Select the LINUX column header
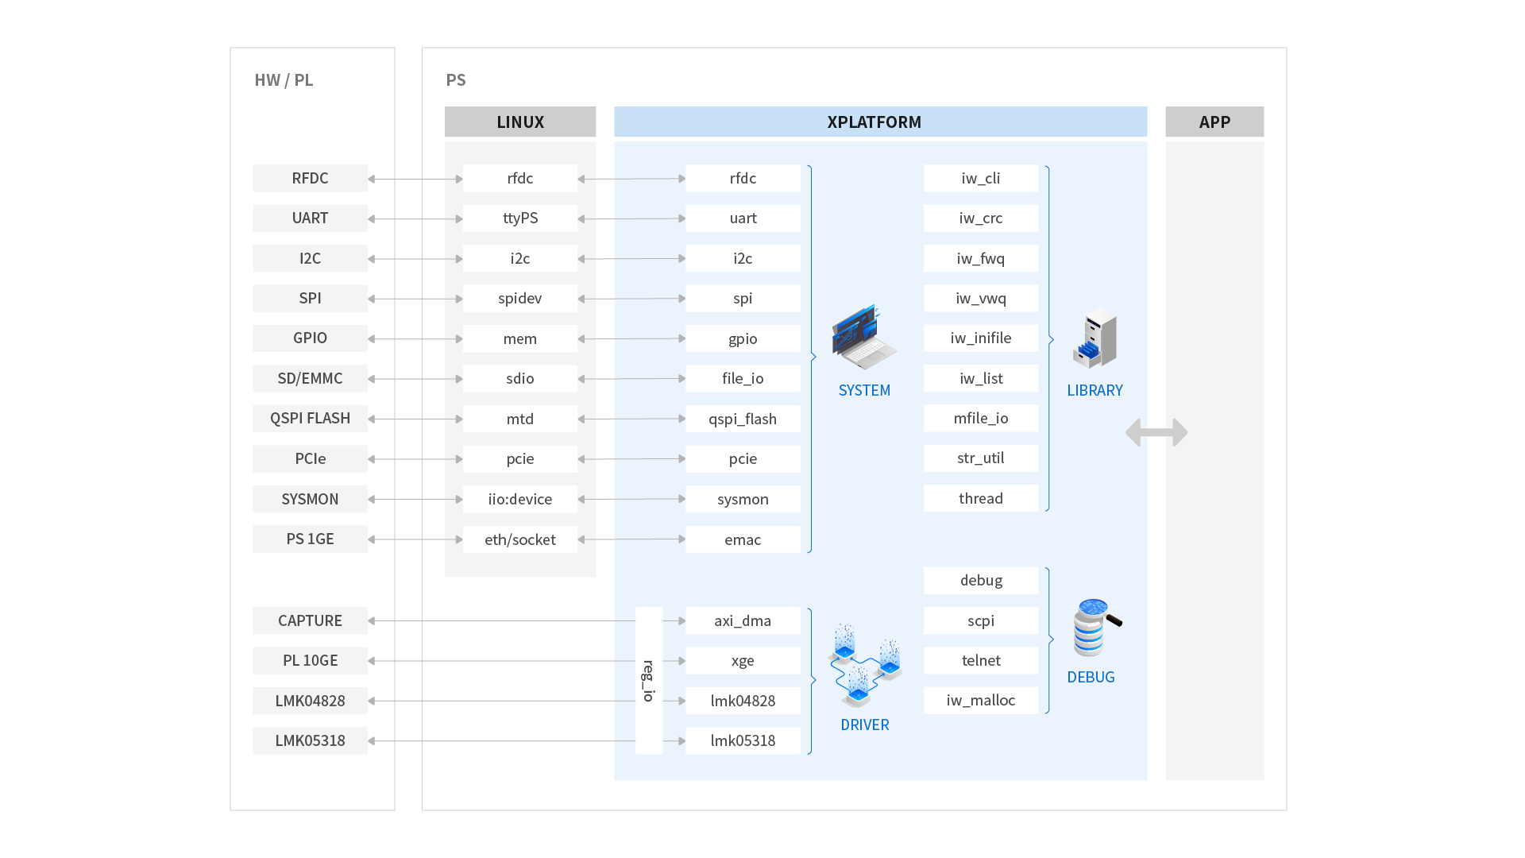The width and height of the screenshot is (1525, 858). click(520, 122)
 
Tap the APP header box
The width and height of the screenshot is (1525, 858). click(1214, 122)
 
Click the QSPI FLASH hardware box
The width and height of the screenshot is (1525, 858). click(310, 419)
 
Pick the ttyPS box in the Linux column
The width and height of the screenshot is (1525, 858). click(520, 218)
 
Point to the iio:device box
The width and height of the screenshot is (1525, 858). click(520, 499)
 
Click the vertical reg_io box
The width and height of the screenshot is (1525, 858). click(649, 681)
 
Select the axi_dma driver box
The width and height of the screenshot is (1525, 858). click(743, 621)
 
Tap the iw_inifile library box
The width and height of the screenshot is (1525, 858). click(981, 338)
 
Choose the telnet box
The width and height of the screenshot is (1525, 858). click(981, 661)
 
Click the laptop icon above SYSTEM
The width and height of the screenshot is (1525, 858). click(863, 337)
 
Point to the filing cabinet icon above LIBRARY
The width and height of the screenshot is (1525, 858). click(1095, 339)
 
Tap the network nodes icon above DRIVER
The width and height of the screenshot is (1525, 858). click(864, 666)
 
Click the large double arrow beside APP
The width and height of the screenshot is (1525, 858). click(1156, 433)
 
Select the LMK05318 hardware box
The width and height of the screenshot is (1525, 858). click(310, 741)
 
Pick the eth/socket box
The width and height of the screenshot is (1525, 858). click(520, 540)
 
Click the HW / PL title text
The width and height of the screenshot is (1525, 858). click(284, 80)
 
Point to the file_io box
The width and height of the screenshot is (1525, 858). click(743, 379)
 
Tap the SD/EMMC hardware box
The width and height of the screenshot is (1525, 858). click(310, 379)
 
